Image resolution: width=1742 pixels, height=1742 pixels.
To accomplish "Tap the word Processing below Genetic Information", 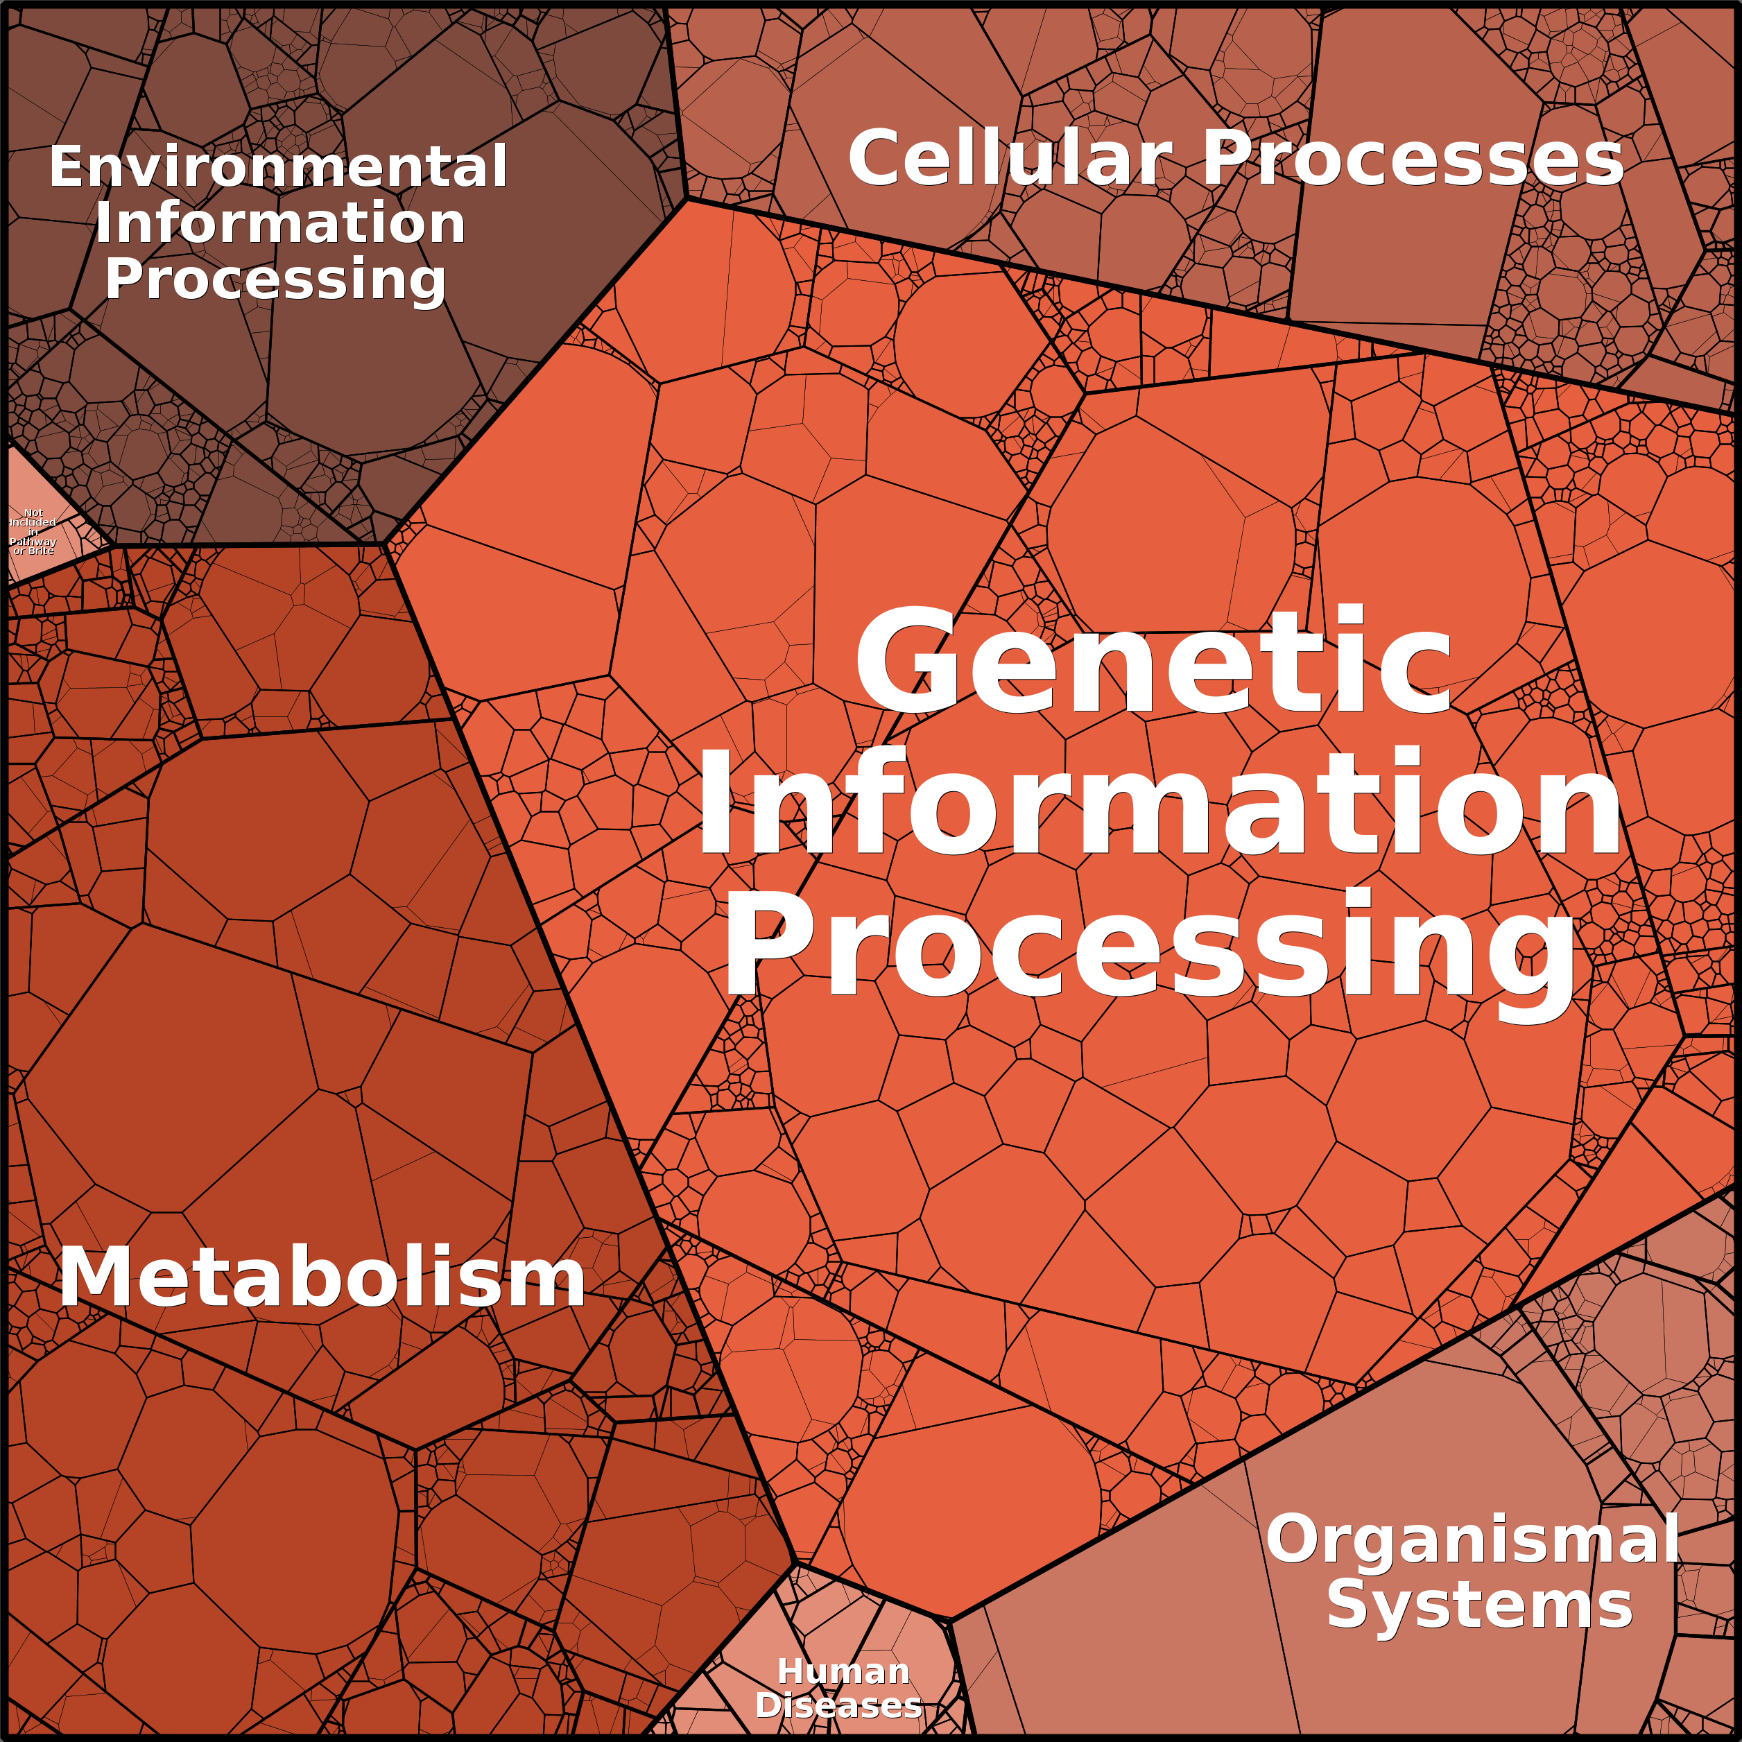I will (1150, 947).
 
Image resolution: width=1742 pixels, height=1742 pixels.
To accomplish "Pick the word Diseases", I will (838, 1705).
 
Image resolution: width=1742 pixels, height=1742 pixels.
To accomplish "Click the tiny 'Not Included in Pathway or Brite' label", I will (33, 531).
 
